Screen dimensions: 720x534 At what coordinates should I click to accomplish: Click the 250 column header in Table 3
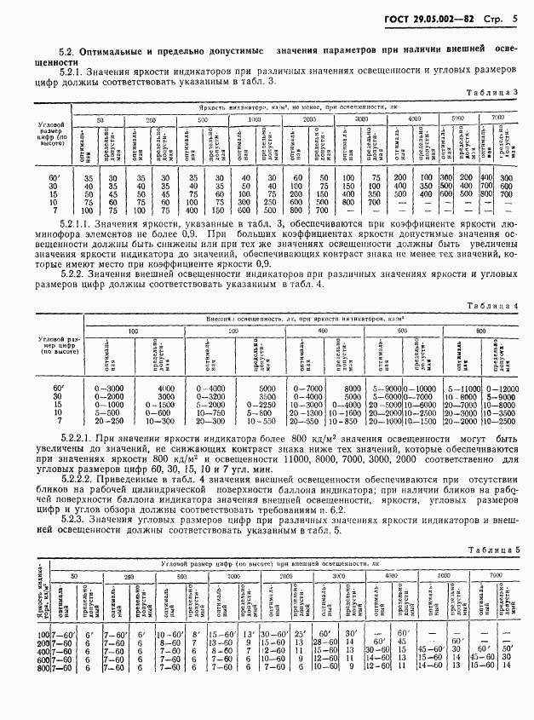[151, 120]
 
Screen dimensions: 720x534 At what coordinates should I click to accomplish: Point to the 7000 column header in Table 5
[497, 577]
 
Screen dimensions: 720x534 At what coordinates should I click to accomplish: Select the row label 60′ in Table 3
[54, 176]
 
